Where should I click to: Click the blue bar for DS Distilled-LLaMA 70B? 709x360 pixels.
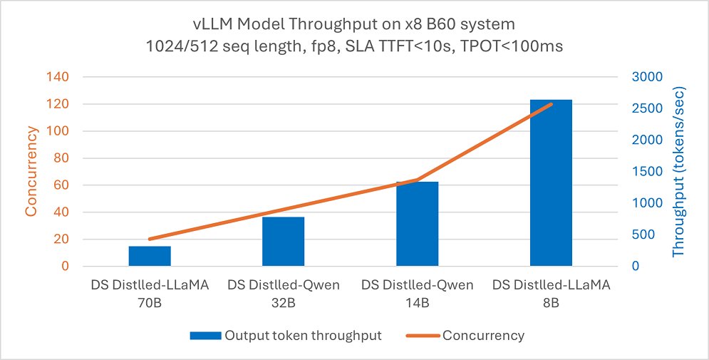pos(150,256)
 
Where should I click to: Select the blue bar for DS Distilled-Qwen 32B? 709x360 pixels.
pos(283,242)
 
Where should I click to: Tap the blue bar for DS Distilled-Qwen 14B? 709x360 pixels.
pos(417,224)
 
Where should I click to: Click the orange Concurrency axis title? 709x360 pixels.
pos(31,171)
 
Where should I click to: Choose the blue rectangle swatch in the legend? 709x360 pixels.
pos(206,335)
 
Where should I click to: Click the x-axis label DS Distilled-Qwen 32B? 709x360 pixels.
pos(283,293)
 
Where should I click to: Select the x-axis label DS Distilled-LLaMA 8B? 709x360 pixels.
pos(551,293)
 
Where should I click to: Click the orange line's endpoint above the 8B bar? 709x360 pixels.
pos(552,104)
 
